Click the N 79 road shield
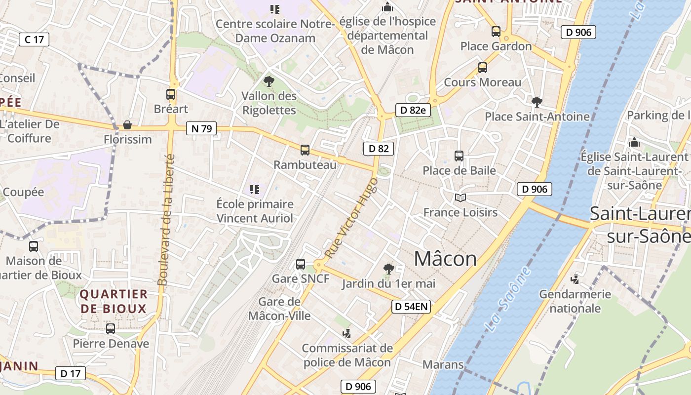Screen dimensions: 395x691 pos(201,129)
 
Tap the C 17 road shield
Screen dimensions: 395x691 pos(34,39)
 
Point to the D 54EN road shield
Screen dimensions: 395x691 pos(411,307)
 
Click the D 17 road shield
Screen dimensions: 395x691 pos(70,373)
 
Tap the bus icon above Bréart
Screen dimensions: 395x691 pos(171,94)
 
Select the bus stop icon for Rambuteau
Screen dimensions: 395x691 pos(305,150)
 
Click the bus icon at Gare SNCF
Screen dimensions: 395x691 pos(301,264)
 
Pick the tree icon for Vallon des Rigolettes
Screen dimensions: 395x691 pos(269,81)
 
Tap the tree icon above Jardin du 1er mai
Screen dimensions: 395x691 pos(389,269)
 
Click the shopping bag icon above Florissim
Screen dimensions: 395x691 pos(127,125)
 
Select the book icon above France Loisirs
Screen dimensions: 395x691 pos(461,198)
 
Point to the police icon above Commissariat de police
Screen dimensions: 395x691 pos(347,334)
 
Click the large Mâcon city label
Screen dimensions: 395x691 pos(445,259)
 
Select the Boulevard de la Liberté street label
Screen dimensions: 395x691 pos(166,220)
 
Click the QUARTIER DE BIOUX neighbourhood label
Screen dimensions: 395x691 pos(114,302)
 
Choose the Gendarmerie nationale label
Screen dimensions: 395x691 pos(575,301)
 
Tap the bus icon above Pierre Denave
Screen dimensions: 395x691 pos(111,329)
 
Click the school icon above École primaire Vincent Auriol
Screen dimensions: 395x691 pos(255,190)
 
